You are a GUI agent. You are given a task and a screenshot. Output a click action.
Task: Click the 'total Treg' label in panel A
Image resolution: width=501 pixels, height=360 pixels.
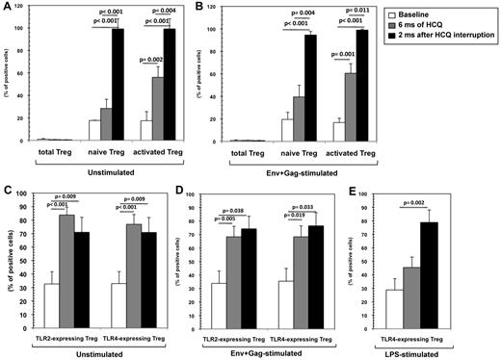point(53,152)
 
